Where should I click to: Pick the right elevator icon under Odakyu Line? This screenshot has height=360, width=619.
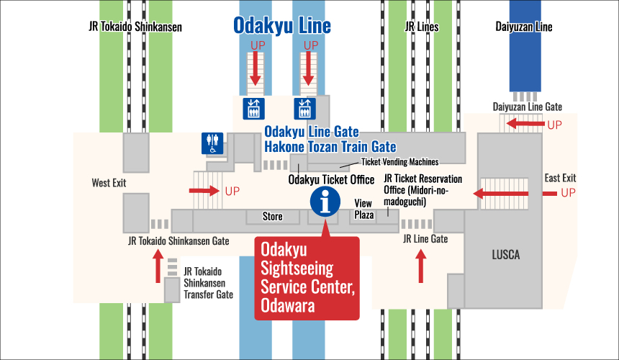[x=303, y=109]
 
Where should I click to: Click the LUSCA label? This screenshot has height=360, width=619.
[x=505, y=255]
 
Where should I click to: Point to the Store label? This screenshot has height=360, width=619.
[x=273, y=216]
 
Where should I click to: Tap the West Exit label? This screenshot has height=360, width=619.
[x=109, y=183]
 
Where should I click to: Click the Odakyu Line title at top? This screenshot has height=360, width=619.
[x=281, y=27]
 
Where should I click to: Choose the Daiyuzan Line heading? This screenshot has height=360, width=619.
[x=523, y=27]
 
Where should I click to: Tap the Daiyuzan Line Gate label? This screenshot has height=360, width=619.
[x=528, y=107]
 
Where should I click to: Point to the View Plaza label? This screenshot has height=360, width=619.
[x=363, y=209]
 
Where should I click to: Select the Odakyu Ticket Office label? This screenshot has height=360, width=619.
[x=331, y=179]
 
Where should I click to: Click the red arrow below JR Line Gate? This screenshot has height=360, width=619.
[x=421, y=264]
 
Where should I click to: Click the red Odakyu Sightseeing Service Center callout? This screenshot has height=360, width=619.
[x=307, y=277]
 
